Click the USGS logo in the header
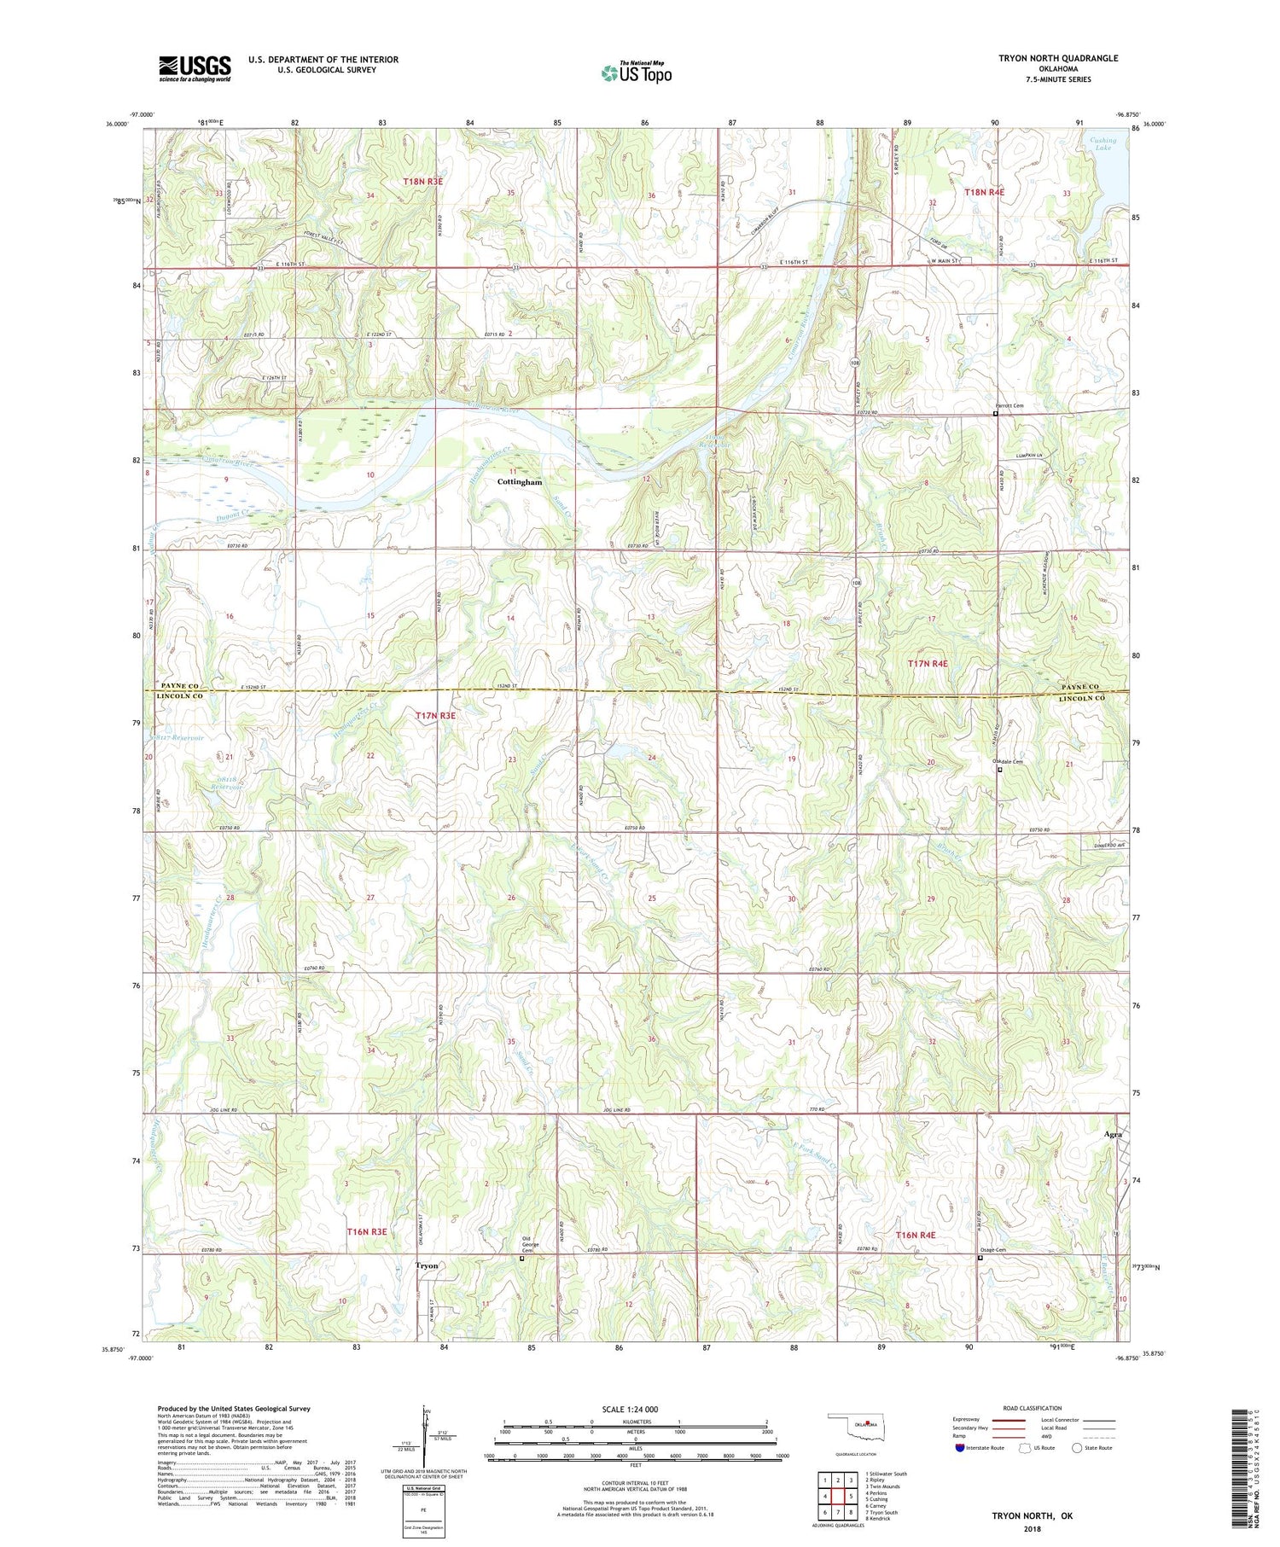coord(195,68)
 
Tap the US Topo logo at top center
coord(636,73)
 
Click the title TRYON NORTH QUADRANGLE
coord(1058,58)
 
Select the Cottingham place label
coord(520,482)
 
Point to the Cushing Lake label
coord(1103,144)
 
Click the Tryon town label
coord(427,1265)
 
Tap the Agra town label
coord(1112,1135)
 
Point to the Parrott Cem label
coord(1009,406)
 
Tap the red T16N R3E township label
coord(367,1231)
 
